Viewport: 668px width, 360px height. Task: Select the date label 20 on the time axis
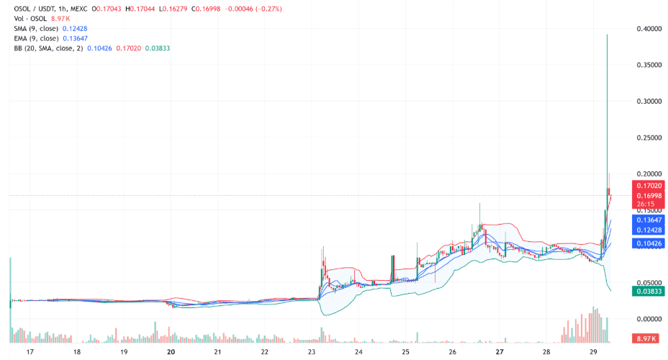[171, 353]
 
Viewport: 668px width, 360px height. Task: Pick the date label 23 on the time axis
[312, 353]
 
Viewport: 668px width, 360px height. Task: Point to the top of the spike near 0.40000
[608, 35]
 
